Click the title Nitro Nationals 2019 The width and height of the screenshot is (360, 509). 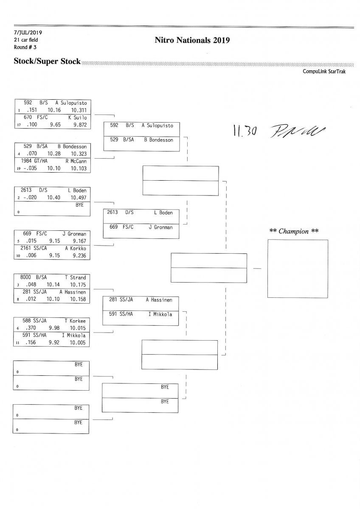click(x=192, y=41)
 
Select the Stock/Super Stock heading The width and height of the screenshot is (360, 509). click(x=47, y=61)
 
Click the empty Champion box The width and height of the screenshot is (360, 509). click(x=297, y=268)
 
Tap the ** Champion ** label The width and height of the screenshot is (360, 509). click(x=294, y=231)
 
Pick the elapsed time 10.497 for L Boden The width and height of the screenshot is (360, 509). click(x=79, y=198)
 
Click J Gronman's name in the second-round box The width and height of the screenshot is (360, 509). click(x=160, y=227)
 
